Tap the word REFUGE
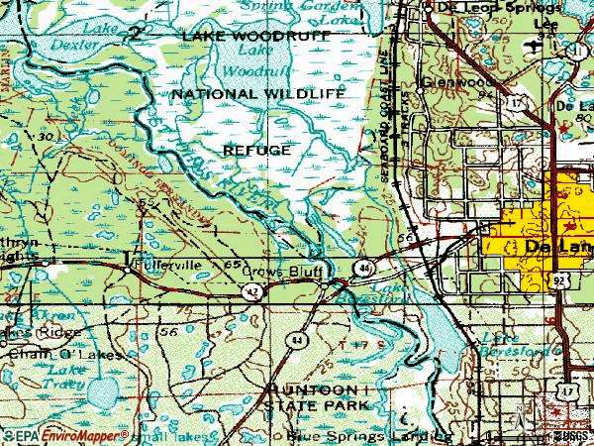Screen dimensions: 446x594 pyautogui.click(x=256, y=150)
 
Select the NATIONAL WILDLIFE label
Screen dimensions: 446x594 pyautogui.click(x=257, y=93)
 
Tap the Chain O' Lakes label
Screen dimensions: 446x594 pyautogui.click(x=63, y=354)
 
